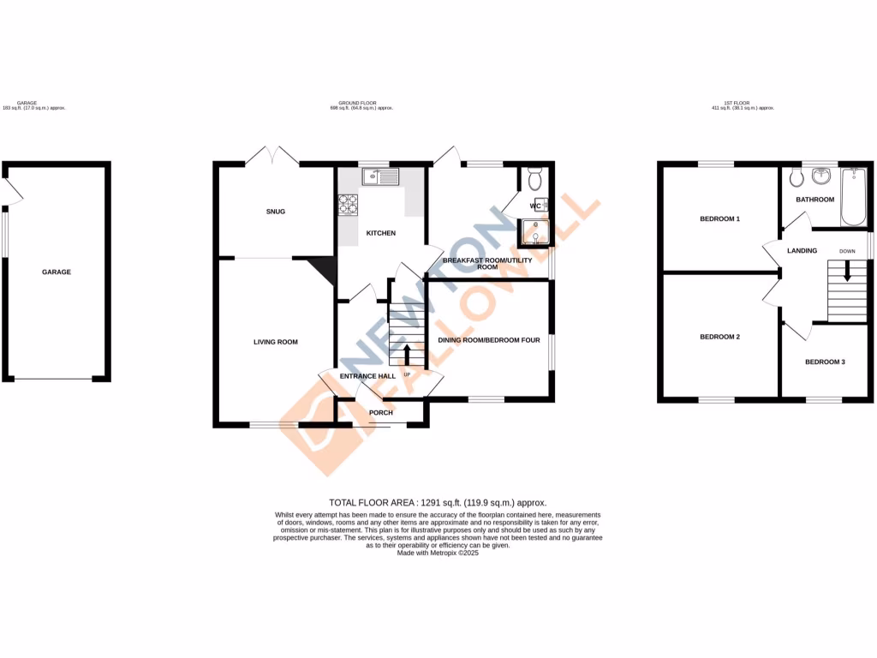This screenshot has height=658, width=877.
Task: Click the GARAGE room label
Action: (x=57, y=272)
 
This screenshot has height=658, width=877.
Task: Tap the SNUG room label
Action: (x=275, y=212)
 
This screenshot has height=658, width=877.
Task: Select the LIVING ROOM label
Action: (x=275, y=342)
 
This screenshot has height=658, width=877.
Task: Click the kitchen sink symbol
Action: (x=380, y=177)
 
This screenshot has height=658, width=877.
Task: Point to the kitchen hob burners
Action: (x=349, y=204)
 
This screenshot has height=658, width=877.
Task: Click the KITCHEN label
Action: (x=381, y=233)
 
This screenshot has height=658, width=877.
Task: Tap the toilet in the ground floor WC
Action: (x=535, y=180)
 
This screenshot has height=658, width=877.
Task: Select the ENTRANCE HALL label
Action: (x=367, y=376)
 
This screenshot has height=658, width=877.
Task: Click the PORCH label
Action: (x=380, y=413)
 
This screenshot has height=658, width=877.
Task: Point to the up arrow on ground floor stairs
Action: (x=406, y=352)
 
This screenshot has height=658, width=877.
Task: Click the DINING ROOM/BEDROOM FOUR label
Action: (x=489, y=340)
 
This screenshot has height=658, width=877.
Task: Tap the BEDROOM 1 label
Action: (x=719, y=219)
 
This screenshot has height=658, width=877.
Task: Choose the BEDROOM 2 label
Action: (x=719, y=337)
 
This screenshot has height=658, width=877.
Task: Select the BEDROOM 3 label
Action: (x=825, y=362)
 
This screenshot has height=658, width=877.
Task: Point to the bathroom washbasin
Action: (x=824, y=176)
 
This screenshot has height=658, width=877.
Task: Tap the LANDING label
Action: (x=802, y=251)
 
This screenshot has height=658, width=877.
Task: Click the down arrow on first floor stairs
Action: (x=848, y=272)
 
